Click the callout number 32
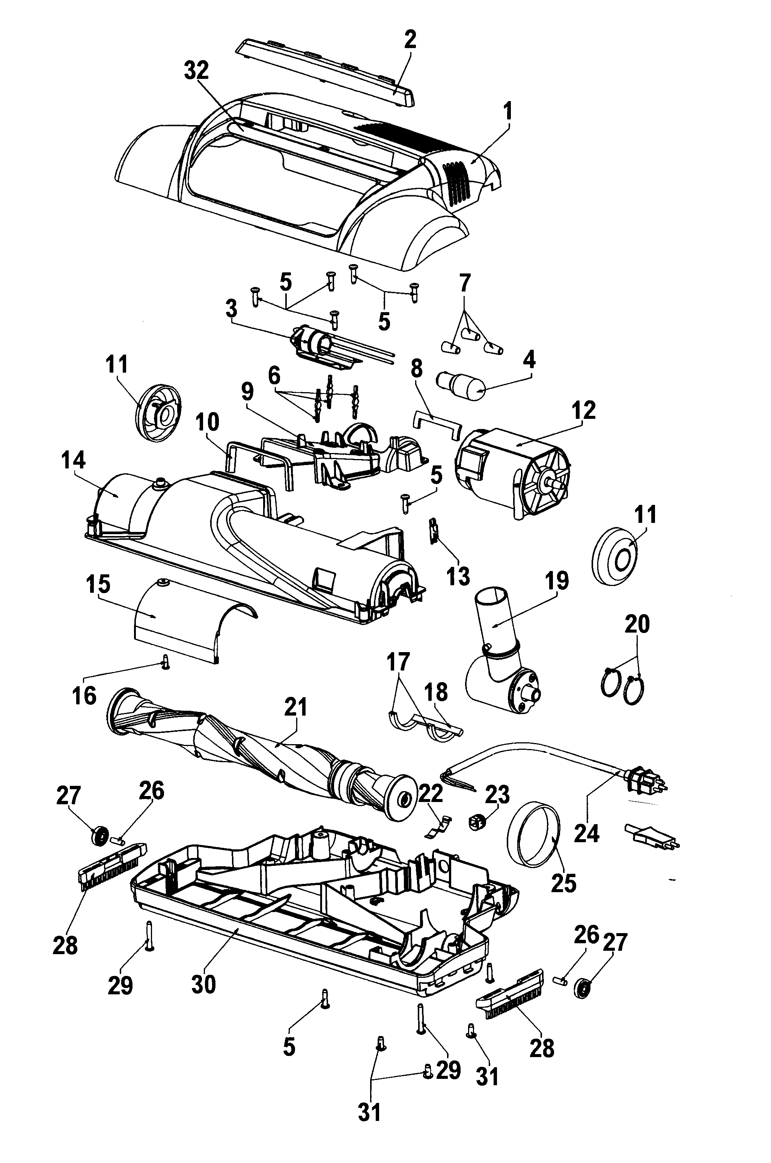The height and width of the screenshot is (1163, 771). (x=196, y=72)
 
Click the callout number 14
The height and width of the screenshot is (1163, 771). (x=73, y=461)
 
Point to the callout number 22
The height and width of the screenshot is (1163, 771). (x=430, y=793)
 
